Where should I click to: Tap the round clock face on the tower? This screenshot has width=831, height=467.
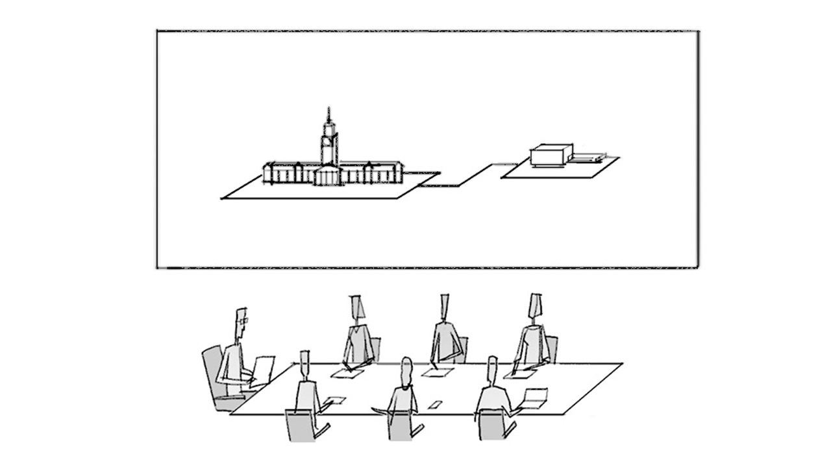click(x=329, y=137)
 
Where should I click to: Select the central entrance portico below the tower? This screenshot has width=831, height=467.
click(x=329, y=175)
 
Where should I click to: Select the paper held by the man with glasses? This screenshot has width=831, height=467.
click(x=264, y=369)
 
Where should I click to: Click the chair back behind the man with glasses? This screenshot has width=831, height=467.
click(x=212, y=370)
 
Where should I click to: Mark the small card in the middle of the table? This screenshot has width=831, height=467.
click(x=434, y=405)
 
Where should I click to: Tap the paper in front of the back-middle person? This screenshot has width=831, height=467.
click(x=438, y=372)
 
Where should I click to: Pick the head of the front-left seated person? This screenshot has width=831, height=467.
click(x=305, y=364)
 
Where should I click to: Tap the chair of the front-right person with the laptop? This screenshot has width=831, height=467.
click(x=492, y=425)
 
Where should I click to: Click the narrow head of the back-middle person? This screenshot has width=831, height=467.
click(x=445, y=306)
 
